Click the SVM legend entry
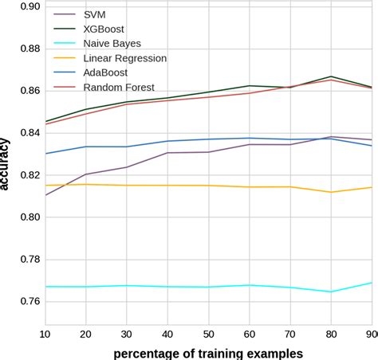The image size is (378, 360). pos(94,15)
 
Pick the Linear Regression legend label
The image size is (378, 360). pos(124,58)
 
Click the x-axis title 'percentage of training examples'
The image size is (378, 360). pos(209,351)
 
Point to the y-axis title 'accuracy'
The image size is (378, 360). pos(6,163)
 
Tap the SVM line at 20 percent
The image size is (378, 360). pos(85,174)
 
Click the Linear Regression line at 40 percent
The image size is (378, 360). pos(167,186)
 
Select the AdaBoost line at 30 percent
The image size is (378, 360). pos(126,147)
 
